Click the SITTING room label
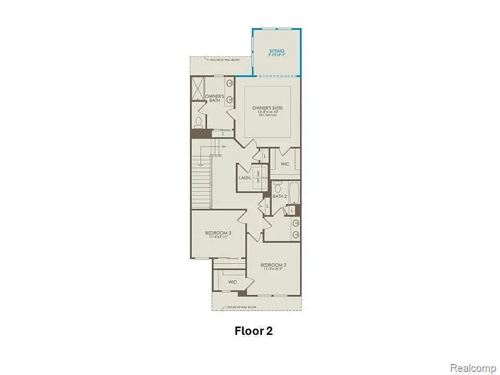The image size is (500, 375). click(x=277, y=51)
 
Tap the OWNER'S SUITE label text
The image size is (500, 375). click(x=268, y=108)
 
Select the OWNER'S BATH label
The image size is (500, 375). click(x=215, y=98)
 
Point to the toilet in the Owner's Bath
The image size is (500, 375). click(x=198, y=122)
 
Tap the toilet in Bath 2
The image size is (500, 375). click(x=278, y=186)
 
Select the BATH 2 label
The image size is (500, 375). click(x=280, y=196)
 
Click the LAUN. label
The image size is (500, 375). click(x=245, y=178)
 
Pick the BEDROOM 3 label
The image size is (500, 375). click(x=218, y=233)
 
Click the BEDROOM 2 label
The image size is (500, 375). click(x=273, y=265)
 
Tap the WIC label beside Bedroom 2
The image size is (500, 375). click(x=232, y=282)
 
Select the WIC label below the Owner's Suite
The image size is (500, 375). click(x=285, y=164)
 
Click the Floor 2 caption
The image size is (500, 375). click(x=254, y=331)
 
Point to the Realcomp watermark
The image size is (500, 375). click(x=473, y=368)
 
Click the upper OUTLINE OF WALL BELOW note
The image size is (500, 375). click(x=224, y=60)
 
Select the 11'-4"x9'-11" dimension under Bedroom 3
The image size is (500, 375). click(x=218, y=237)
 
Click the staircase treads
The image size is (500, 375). click(x=201, y=182)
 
